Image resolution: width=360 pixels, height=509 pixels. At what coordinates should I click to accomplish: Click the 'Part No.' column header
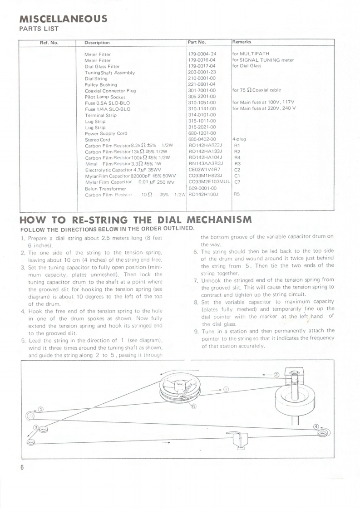[197, 42]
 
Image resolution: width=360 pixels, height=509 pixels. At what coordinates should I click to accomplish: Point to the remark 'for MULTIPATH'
[251, 54]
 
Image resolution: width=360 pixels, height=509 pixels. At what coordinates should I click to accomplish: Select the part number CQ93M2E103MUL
[209, 182]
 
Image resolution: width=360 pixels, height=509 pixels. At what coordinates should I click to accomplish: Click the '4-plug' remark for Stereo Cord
[239, 139]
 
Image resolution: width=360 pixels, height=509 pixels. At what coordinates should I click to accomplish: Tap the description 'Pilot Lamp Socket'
[105, 97]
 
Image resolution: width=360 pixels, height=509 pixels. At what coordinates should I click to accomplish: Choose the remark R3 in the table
[237, 164]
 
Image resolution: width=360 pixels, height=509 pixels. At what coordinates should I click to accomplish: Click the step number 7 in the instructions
[195, 280]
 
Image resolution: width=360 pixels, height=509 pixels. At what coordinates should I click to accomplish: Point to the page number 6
[22, 469]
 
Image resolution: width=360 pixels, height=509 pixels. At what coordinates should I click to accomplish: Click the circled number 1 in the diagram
[226, 389]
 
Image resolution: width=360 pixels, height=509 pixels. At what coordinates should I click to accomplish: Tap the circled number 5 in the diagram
[40, 409]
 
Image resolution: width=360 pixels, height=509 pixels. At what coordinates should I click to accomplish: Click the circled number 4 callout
[316, 426]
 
